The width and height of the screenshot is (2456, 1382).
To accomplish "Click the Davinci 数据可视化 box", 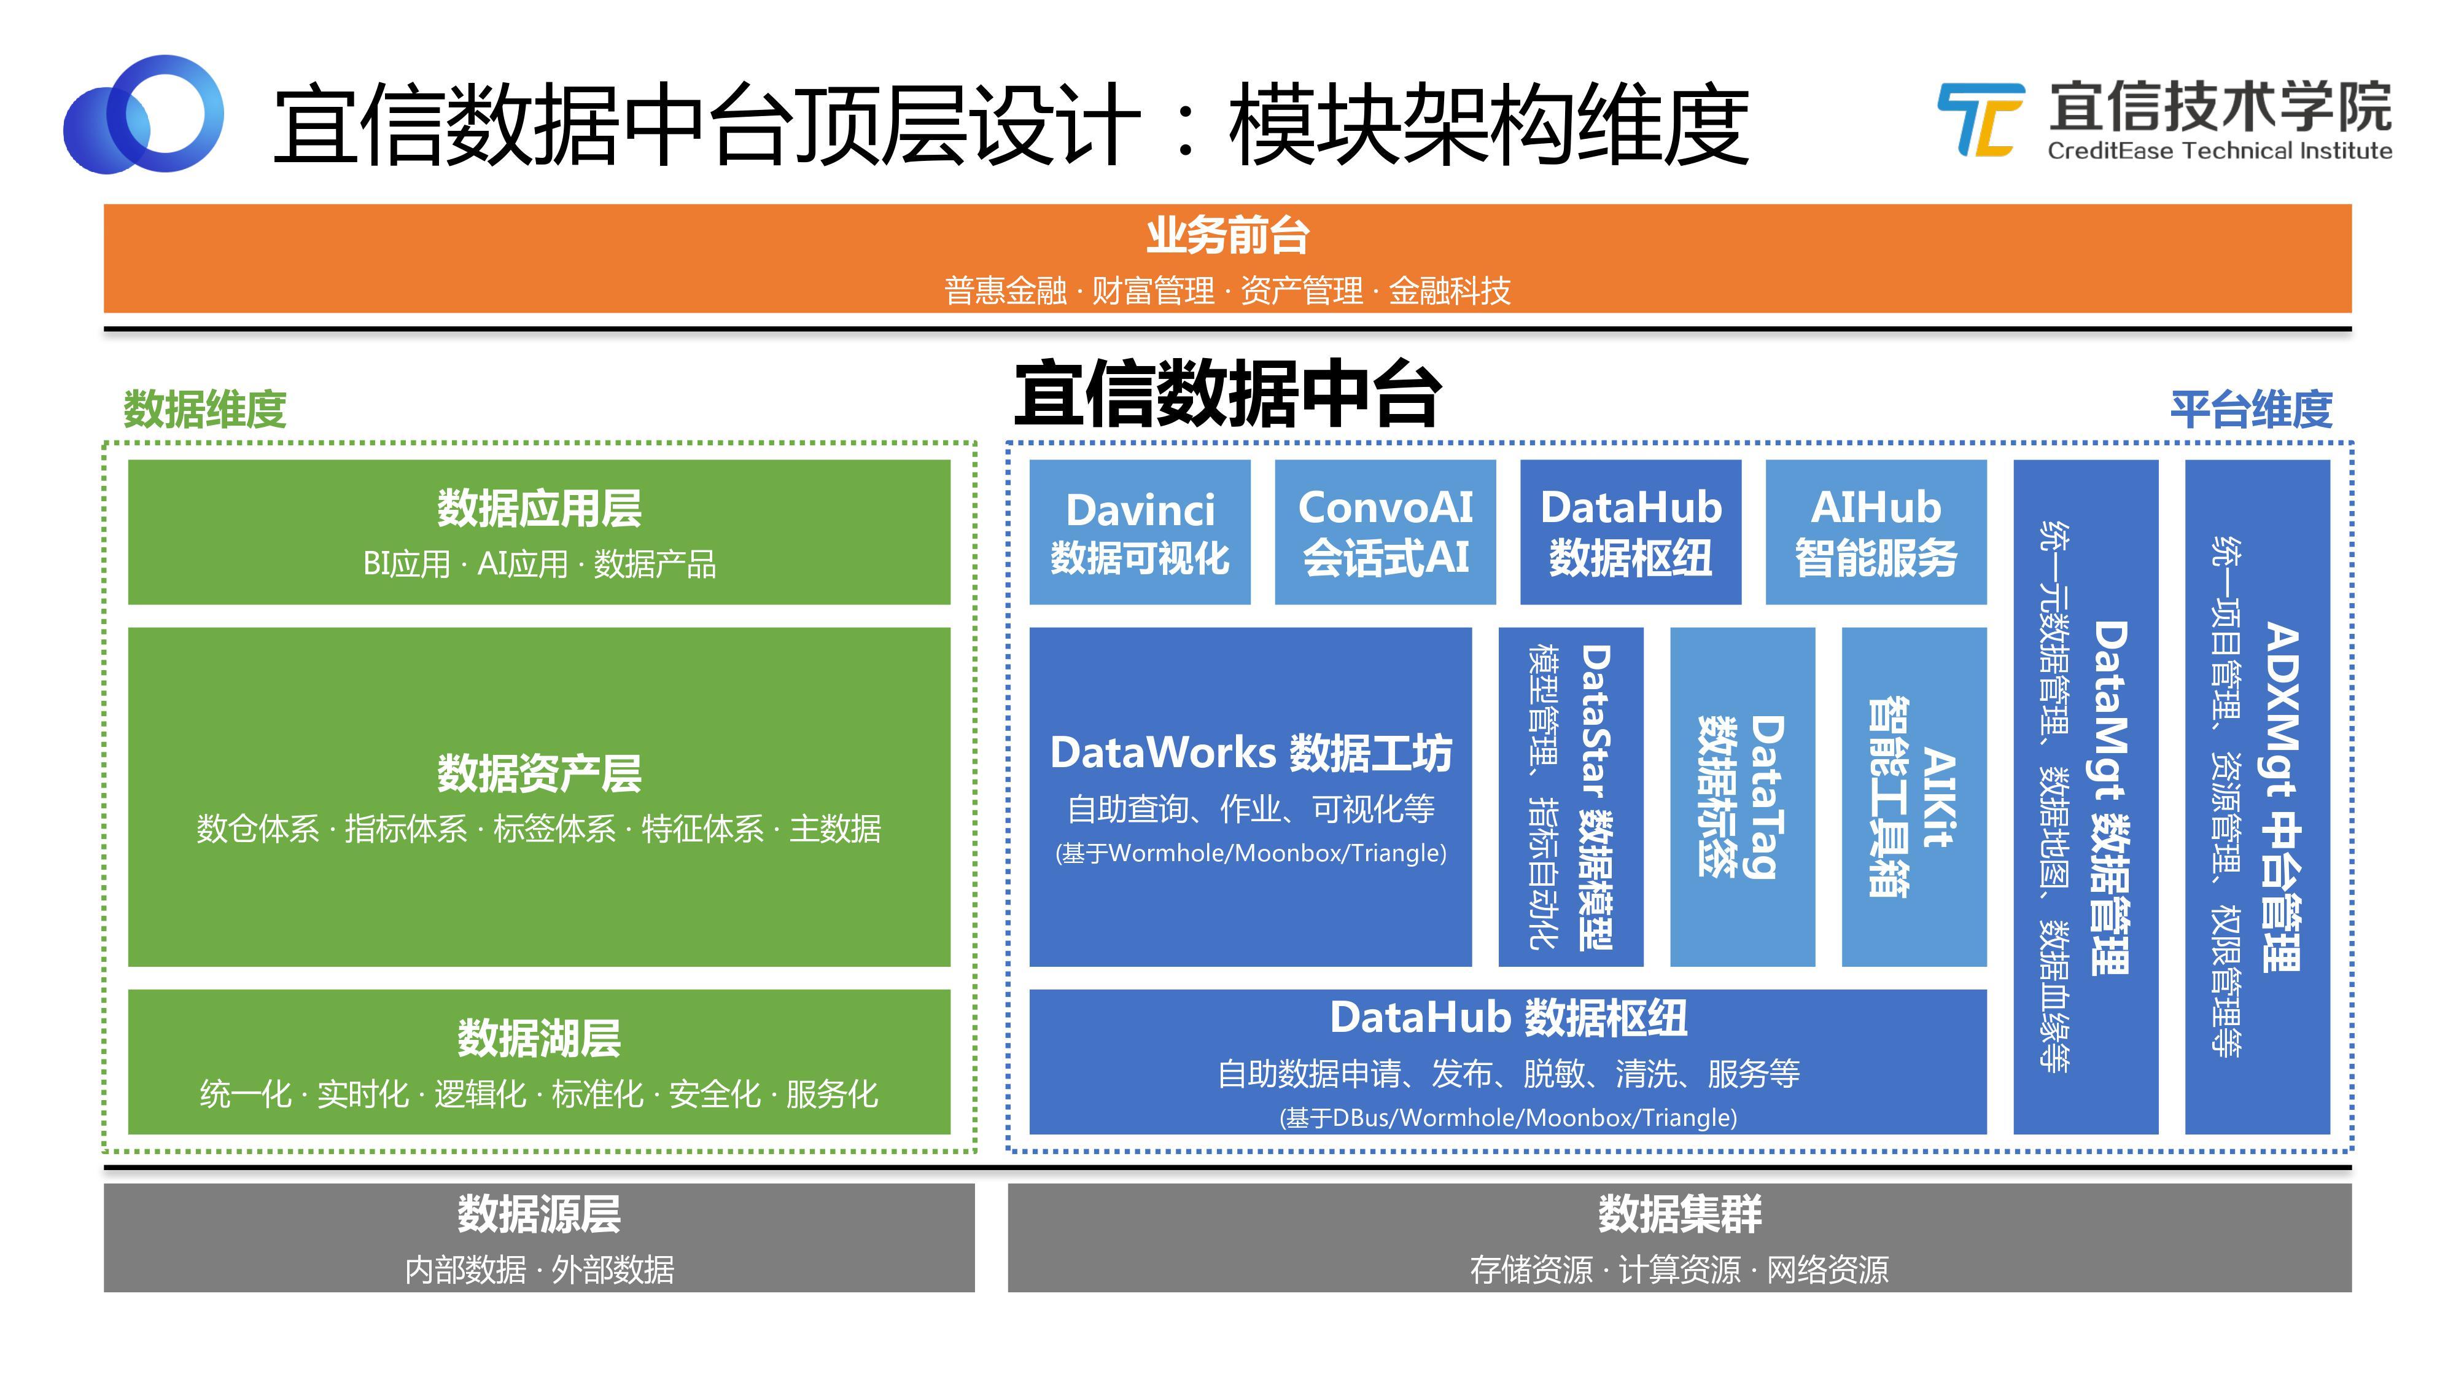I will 1140,532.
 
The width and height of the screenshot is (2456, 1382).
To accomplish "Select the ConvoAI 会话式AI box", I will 1385,532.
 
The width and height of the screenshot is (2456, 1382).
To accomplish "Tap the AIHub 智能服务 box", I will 1875,532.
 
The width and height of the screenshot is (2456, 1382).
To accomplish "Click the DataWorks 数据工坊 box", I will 1250,797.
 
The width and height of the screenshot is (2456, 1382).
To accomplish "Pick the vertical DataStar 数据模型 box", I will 1570,797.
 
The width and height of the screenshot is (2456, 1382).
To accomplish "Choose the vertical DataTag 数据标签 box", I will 1742,797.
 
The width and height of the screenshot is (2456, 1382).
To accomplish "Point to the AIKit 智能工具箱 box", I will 1913,797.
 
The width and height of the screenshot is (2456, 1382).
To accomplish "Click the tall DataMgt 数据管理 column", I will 2085,797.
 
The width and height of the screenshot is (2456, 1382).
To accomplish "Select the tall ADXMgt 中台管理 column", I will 2256,797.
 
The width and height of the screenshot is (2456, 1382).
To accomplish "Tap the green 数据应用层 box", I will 538,532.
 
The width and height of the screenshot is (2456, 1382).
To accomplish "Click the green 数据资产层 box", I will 538,797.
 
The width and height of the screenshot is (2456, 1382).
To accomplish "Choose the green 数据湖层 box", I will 538,1061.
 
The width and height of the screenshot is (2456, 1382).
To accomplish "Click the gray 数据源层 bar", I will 538,1237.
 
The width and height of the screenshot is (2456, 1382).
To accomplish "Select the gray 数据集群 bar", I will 1679,1237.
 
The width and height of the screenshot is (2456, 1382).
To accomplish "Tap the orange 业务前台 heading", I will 1227,235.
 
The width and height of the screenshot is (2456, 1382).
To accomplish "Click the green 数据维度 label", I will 205,409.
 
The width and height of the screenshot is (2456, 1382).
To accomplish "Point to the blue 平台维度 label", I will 2251,409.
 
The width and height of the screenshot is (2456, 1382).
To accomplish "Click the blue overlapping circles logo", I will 143,114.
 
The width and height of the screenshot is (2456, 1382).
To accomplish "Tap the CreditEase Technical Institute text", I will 2218,150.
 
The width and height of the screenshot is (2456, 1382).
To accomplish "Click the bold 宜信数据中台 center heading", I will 1227,394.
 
